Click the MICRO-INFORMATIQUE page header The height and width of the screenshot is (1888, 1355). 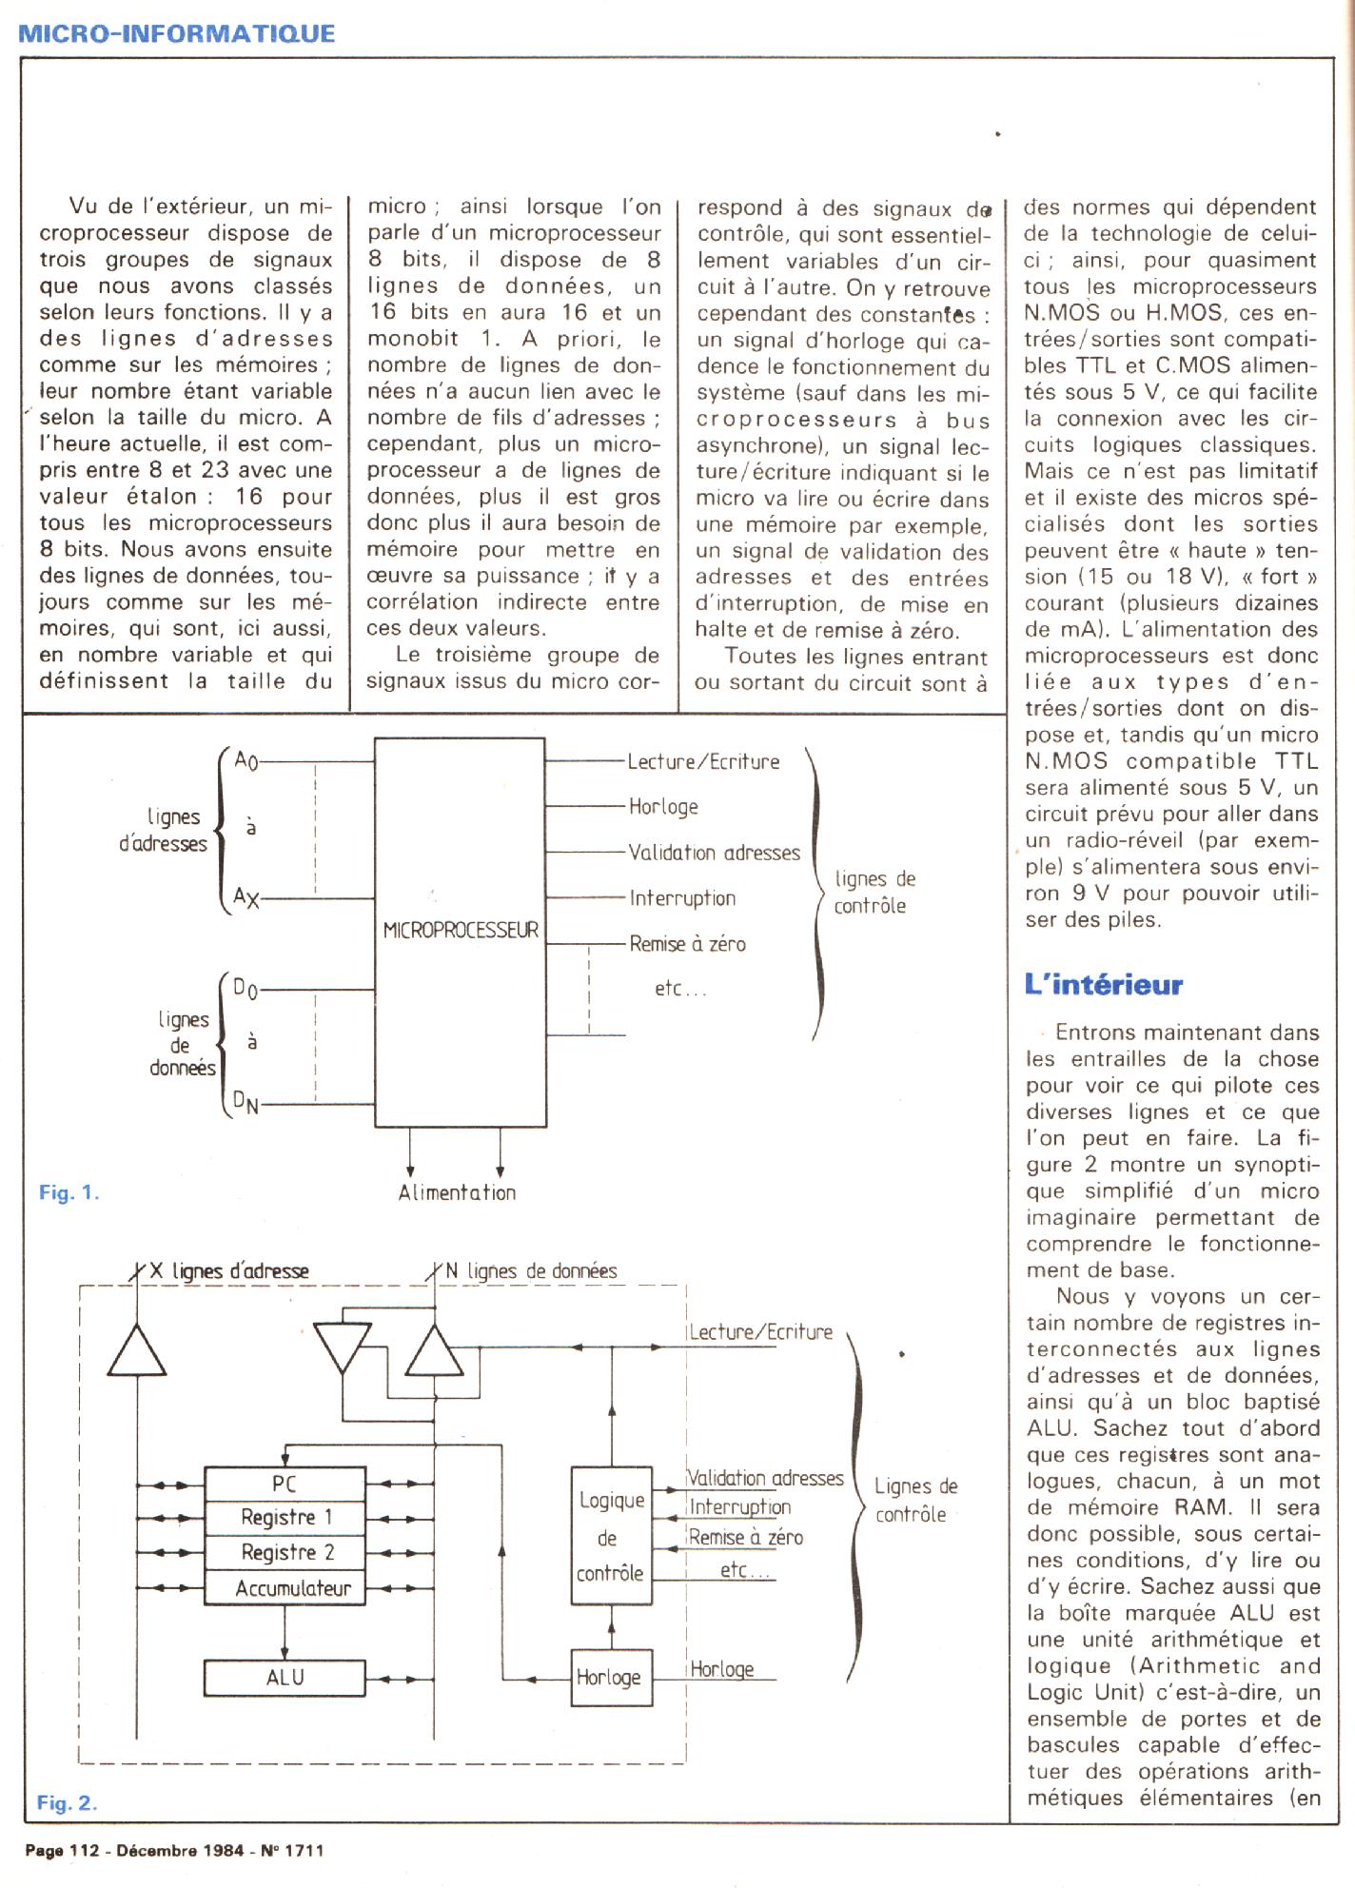[x=177, y=33]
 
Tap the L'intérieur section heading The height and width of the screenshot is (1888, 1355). [x=1103, y=985]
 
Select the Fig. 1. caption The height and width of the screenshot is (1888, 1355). [x=69, y=1192]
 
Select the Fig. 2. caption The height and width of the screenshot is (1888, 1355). [x=67, y=1802]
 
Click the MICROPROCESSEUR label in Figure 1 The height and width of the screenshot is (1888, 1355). [x=461, y=931]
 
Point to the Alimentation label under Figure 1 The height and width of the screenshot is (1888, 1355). [x=457, y=1193]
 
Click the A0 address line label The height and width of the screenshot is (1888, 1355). [x=245, y=761]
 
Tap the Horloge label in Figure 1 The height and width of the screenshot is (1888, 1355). [x=663, y=807]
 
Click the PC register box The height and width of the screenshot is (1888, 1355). [x=285, y=1484]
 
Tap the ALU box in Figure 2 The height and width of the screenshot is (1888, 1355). [x=285, y=1678]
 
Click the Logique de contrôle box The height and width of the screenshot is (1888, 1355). [x=611, y=1537]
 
